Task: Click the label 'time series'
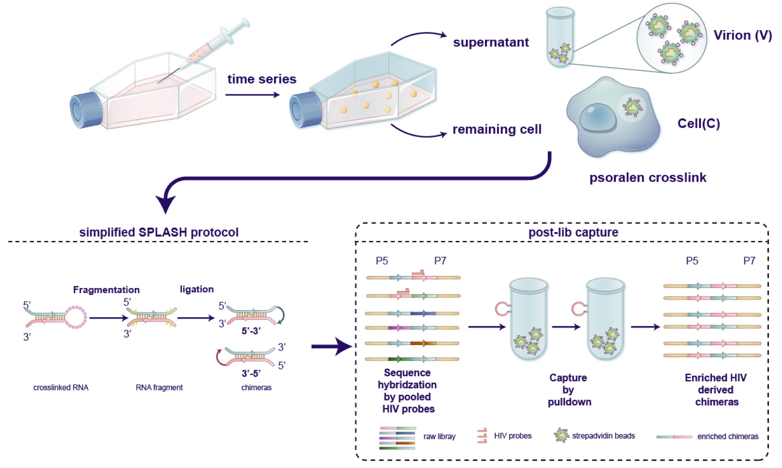point(262,79)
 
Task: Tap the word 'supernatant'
point(491,42)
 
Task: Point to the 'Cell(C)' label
point(699,124)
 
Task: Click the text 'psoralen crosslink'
point(648,177)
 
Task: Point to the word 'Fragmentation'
point(106,289)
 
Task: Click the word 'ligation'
point(197,289)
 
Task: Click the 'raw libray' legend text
point(439,437)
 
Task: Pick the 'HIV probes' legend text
point(513,436)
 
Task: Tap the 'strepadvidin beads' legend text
point(603,436)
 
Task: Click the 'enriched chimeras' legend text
point(728,437)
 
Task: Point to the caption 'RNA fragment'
point(159,388)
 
